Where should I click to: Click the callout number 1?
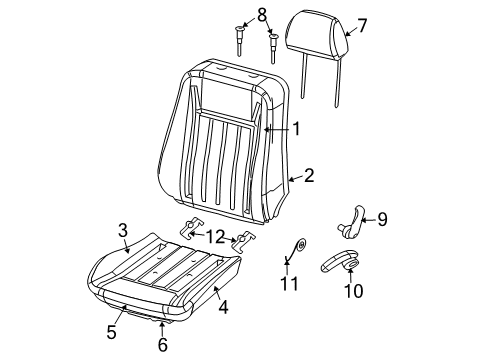click(297, 128)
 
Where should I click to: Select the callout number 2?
click(309, 176)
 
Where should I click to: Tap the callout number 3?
click(122, 230)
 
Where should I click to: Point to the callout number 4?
click(224, 308)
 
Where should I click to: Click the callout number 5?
click(112, 331)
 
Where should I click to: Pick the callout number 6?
click(163, 345)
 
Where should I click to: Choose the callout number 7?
click(362, 25)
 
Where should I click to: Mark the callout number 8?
click(262, 15)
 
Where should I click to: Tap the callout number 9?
click(381, 220)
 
